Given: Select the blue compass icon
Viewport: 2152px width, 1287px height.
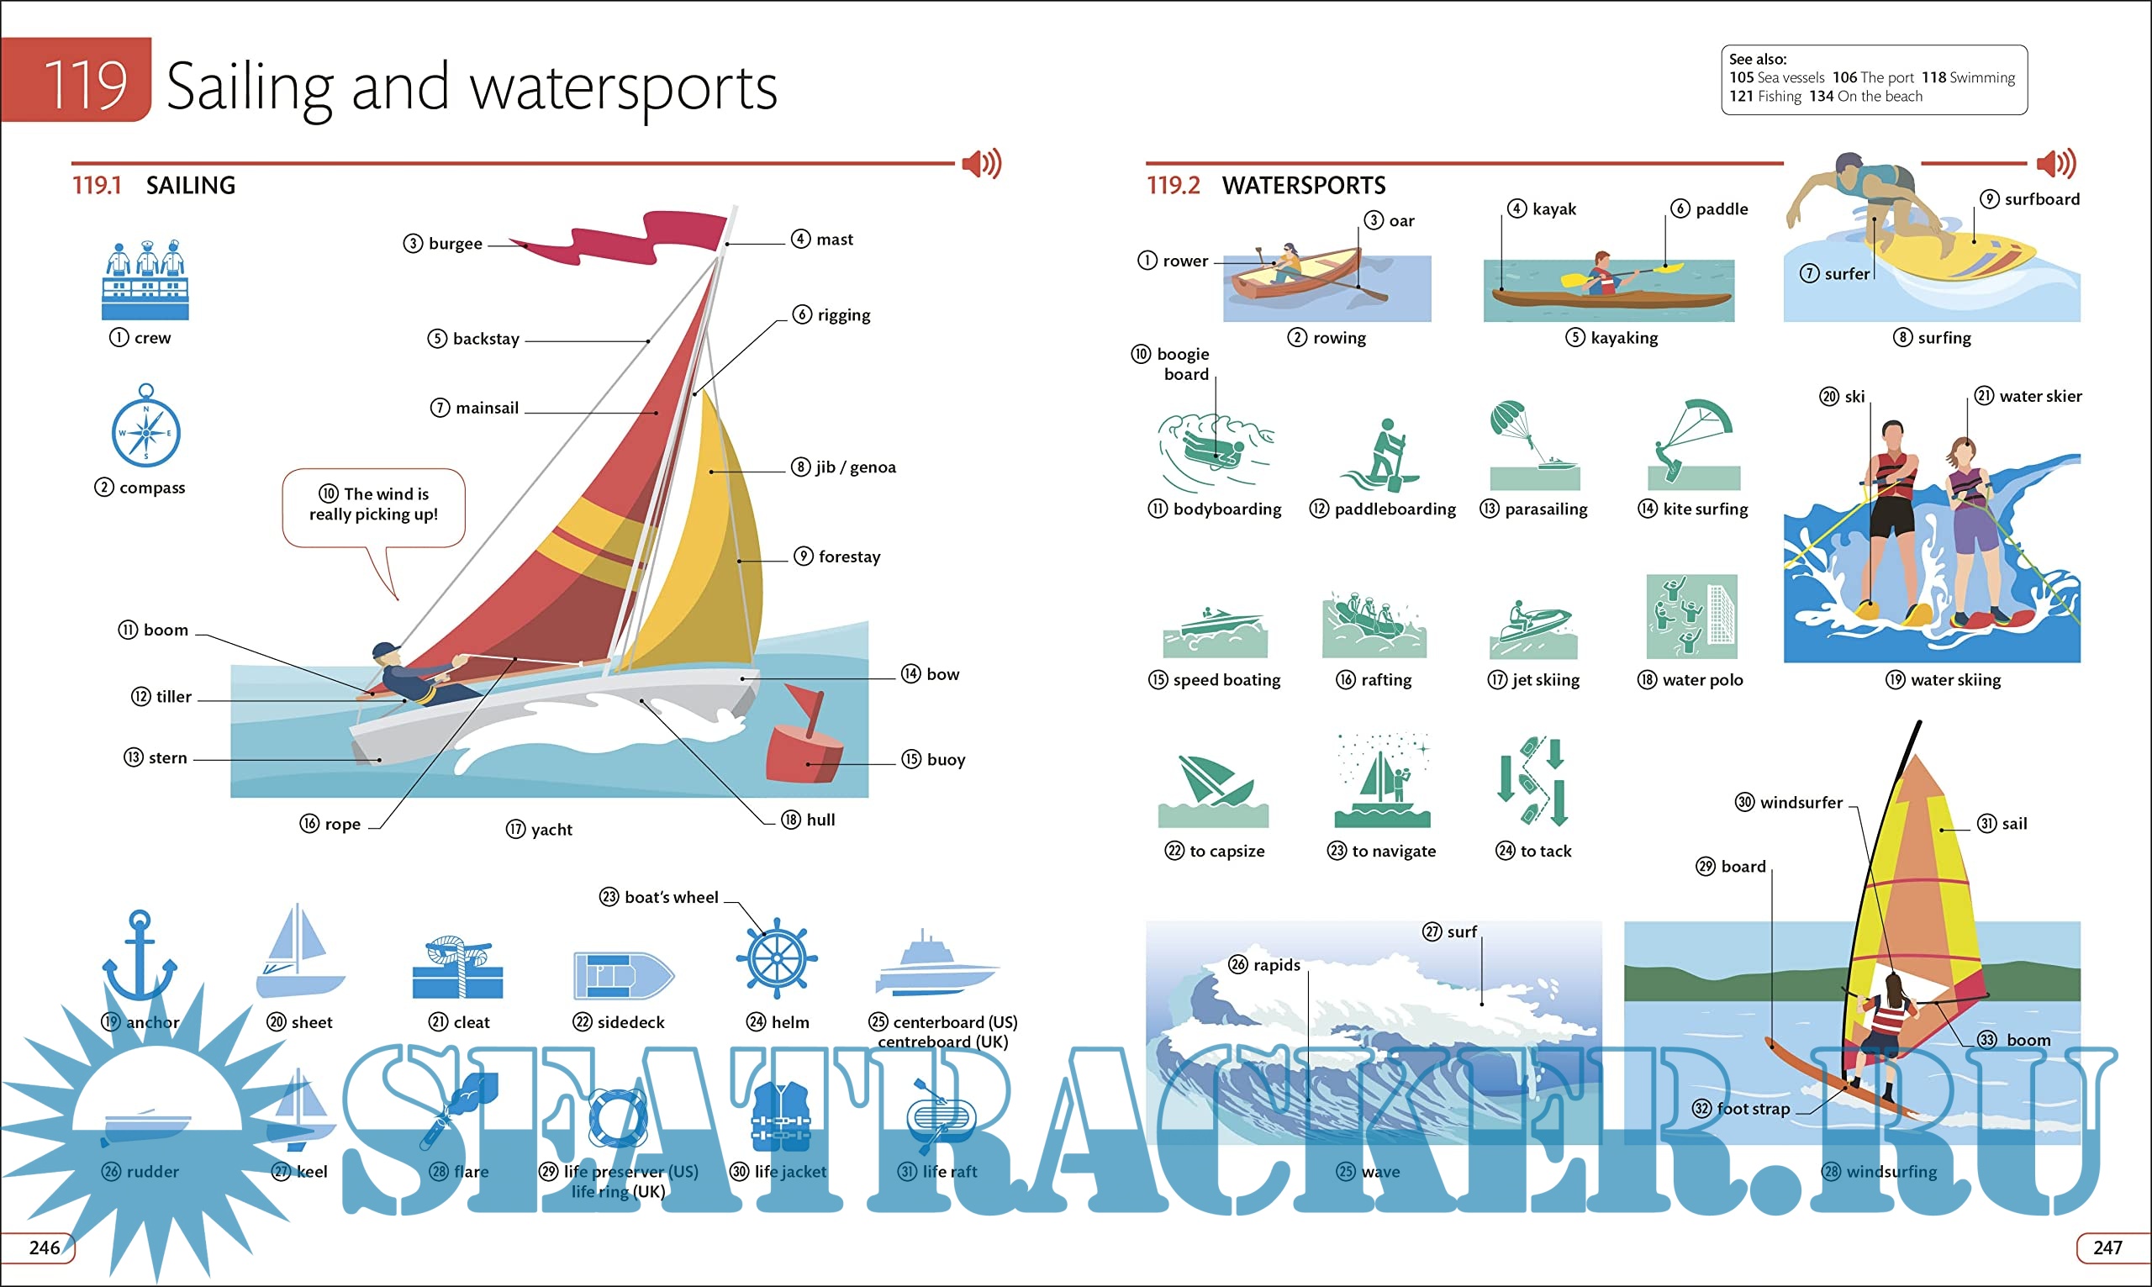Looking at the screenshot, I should pos(145,430).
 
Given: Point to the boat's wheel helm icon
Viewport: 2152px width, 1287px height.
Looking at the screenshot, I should pos(777,958).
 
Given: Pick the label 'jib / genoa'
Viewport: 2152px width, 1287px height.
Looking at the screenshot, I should pos(855,467).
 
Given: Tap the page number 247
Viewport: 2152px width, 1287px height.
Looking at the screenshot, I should pos(2107,1247).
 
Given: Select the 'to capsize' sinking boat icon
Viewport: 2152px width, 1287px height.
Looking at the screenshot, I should pos(1213,790).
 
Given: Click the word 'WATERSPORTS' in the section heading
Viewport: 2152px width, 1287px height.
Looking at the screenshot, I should pos(1303,186).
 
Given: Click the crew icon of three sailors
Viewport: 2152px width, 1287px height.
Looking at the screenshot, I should pos(145,279).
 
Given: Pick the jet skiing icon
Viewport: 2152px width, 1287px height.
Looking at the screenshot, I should pos(1533,629).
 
